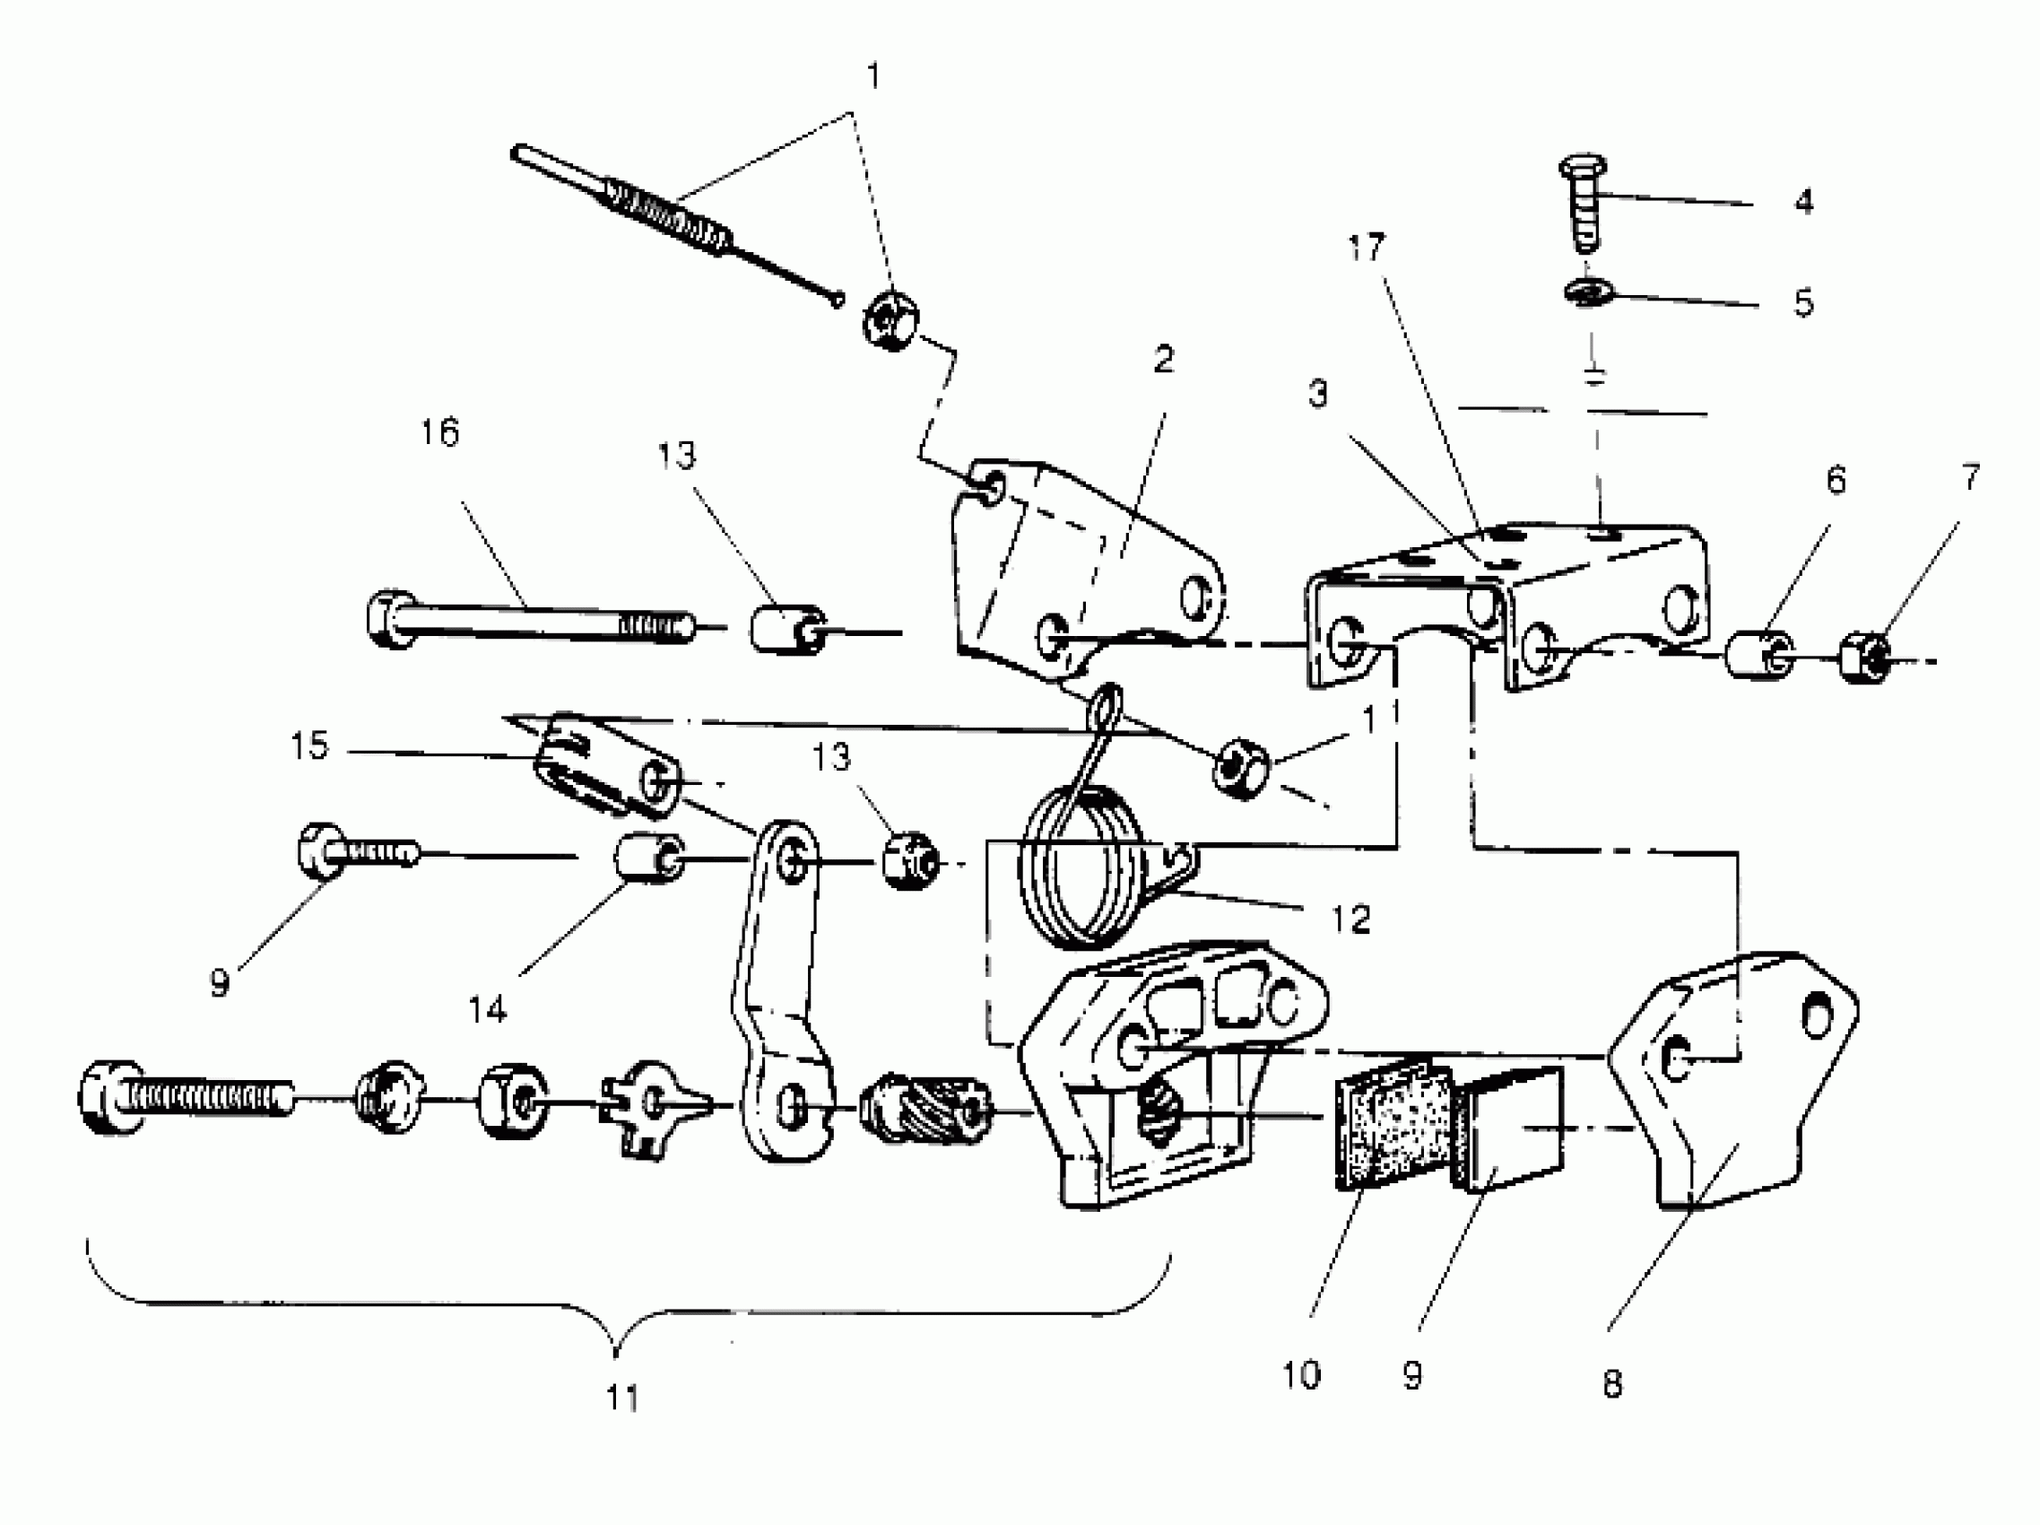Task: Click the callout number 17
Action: pos(1366,248)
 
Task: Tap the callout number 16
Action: pos(440,431)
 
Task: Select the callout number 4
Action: pos(1803,201)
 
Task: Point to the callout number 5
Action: pos(1803,302)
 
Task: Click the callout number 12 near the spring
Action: pos(1351,919)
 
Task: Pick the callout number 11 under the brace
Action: pos(622,1398)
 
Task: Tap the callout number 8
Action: pos(1612,1384)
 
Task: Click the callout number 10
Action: pos(1300,1375)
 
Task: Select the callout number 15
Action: pos(309,745)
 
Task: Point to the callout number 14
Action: pos(487,1010)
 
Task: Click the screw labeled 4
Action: pos(1584,207)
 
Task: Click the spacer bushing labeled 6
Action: pos(1759,655)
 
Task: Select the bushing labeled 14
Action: pos(648,858)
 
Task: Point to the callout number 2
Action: pos(1164,360)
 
